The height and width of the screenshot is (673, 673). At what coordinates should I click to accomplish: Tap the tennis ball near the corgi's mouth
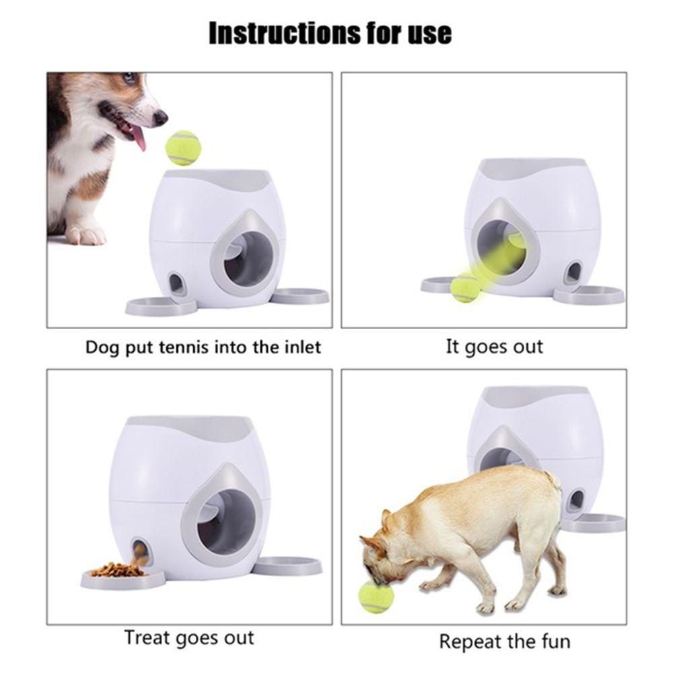(x=183, y=148)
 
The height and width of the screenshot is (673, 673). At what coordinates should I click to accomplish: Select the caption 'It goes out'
(x=494, y=347)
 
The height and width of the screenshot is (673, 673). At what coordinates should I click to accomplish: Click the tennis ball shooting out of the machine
(x=465, y=287)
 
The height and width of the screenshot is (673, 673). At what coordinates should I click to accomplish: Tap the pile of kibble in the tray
(x=118, y=570)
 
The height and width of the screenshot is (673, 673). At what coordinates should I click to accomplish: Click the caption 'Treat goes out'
(x=189, y=637)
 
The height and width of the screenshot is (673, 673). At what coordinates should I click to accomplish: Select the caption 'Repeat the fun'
(x=504, y=641)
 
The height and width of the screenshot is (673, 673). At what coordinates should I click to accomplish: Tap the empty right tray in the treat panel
(x=287, y=565)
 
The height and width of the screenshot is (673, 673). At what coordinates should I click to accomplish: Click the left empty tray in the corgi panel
(x=161, y=306)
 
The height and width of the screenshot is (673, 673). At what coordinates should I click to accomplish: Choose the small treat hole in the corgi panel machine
(x=177, y=284)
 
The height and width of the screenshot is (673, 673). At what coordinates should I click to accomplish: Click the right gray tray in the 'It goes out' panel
(x=589, y=295)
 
